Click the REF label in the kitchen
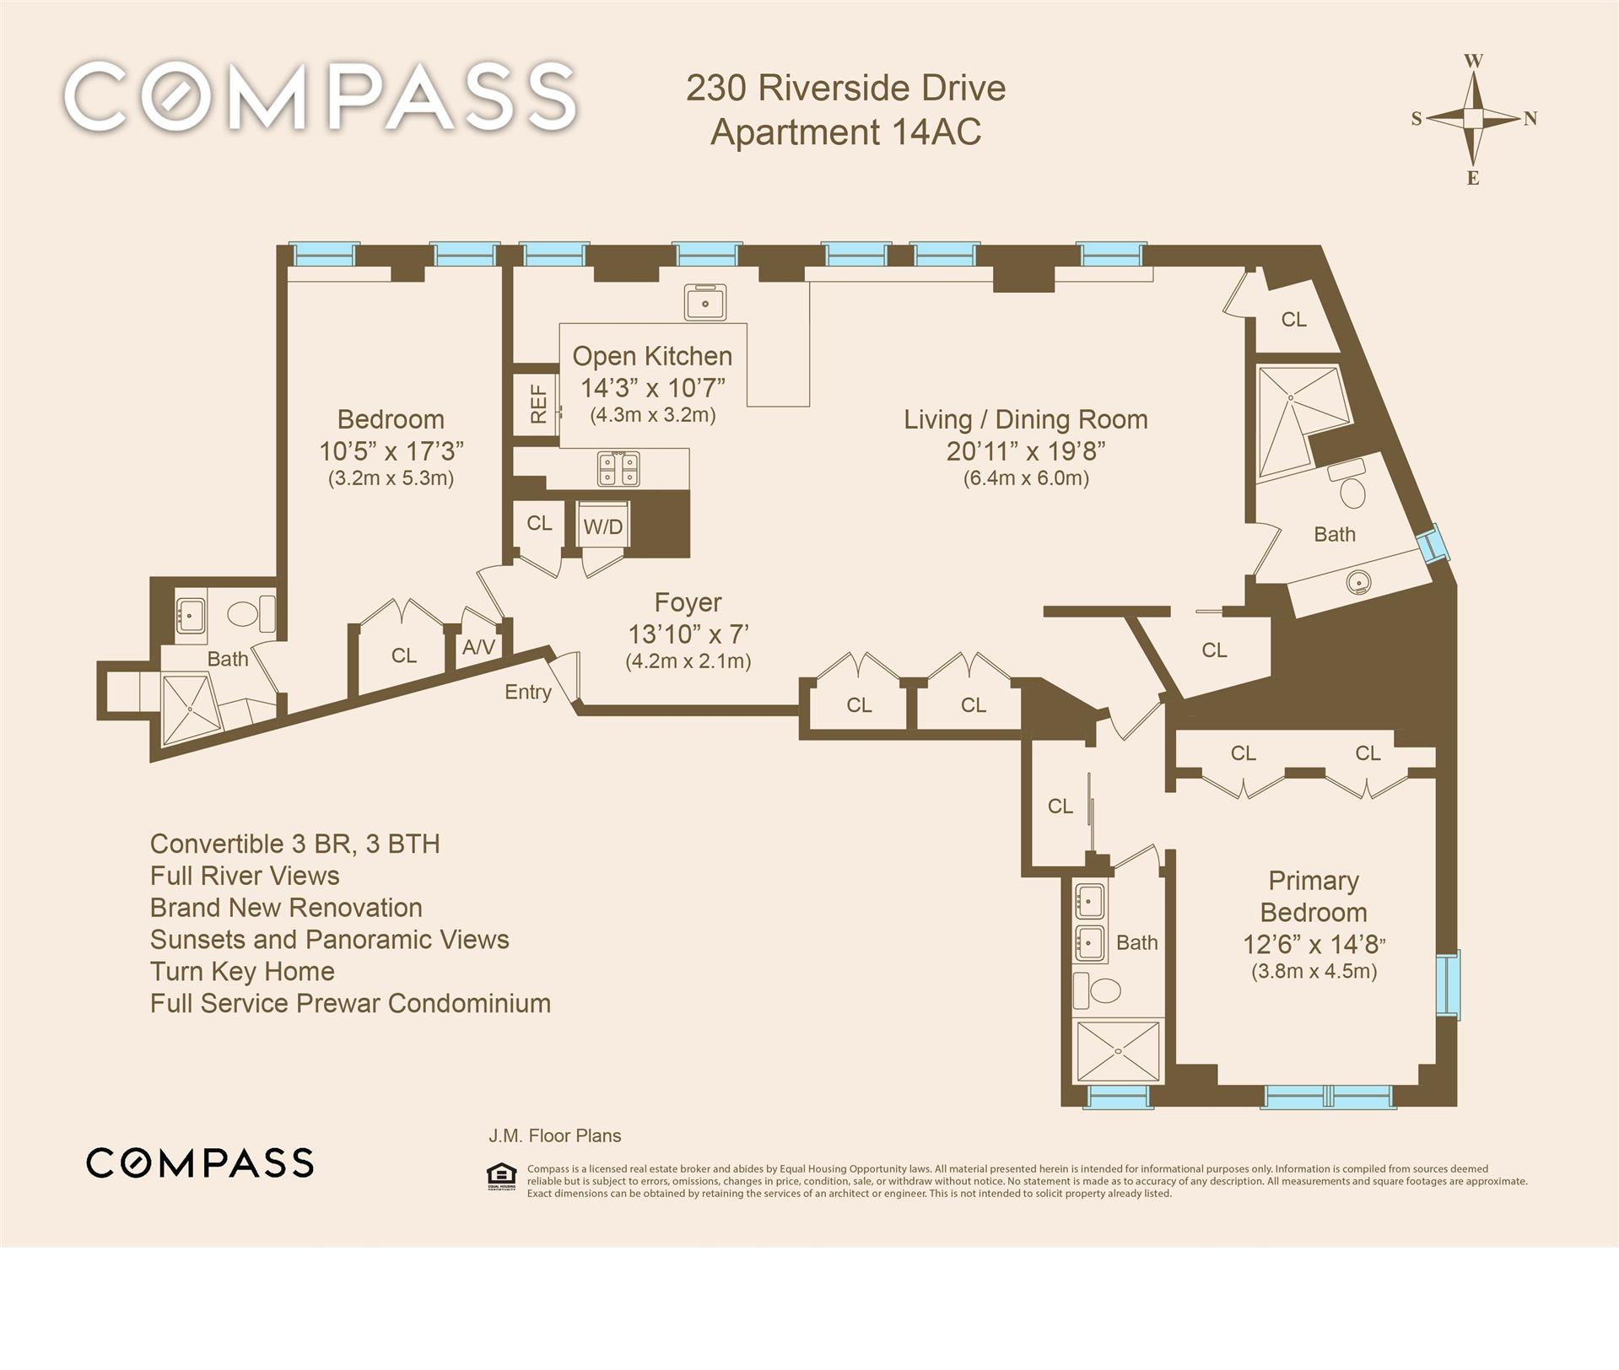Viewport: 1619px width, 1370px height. (538, 404)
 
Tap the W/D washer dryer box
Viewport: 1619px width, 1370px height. (603, 526)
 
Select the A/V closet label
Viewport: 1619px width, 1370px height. (478, 647)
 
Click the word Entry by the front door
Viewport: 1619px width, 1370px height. (528, 692)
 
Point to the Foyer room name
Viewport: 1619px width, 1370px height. (688, 602)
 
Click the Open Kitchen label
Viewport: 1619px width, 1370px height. (652, 356)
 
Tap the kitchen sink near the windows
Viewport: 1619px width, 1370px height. (705, 301)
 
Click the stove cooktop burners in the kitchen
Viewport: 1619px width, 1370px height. (618, 469)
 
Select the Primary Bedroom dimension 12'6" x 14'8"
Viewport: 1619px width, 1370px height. (1314, 944)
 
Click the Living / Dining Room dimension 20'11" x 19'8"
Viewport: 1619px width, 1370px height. (1026, 451)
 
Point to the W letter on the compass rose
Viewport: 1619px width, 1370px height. (1473, 61)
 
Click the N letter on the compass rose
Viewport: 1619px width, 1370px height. (1530, 119)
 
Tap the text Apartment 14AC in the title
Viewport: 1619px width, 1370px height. (845, 132)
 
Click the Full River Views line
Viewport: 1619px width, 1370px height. (245, 876)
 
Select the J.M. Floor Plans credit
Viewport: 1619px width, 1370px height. (555, 1135)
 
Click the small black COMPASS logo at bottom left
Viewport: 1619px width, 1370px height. (200, 1162)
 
